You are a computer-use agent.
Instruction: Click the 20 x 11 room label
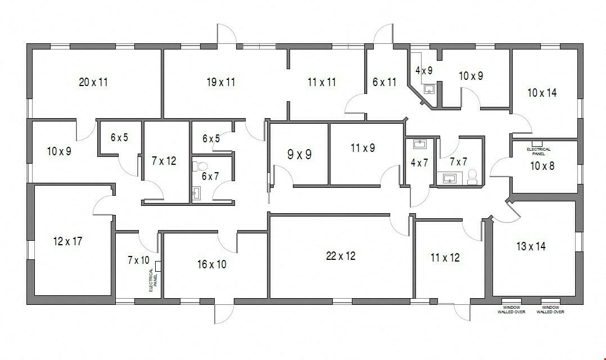pyautogui.click(x=93, y=82)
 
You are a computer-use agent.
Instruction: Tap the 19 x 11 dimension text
pyautogui.click(x=221, y=82)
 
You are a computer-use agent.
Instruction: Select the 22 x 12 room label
pyautogui.click(x=341, y=256)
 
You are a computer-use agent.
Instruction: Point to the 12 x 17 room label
pyautogui.click(x=67, y=242)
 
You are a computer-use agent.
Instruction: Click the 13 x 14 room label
pyautogui.click(x=531, y=246)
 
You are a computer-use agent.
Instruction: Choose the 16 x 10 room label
pyautogui.click(x=212, y=264)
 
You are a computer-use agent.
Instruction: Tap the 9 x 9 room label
pyautogui.click(x=300, y=155)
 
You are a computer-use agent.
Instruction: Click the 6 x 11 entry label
pyautogui.click(x=385, y=82)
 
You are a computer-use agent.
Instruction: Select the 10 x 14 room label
pyautogui.click(x=542, y=93)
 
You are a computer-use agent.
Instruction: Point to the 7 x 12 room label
pyautogui.click(x=164, y=161)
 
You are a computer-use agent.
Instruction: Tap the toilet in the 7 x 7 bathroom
pyautogui.click(x=472, y=177)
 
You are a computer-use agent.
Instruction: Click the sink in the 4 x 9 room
pyautogui.click(x=429, y=89)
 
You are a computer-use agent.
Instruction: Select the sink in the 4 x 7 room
pyautogui.click(x=420, y=145)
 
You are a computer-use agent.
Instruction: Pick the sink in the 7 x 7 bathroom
pyautogui.click(x=449, y=178)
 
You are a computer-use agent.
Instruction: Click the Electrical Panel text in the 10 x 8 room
pyautogui.click(x=539, y=151)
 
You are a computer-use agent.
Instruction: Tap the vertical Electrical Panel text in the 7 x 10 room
pyautogui.click(x=153, y=280)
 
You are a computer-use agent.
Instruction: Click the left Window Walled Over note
pyautogui.click(x=511, y=310)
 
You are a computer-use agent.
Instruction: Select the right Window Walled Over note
pyautogui.click(x=550, y=310)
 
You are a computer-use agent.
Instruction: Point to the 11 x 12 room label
pyautogui.click(x=445, y=258)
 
